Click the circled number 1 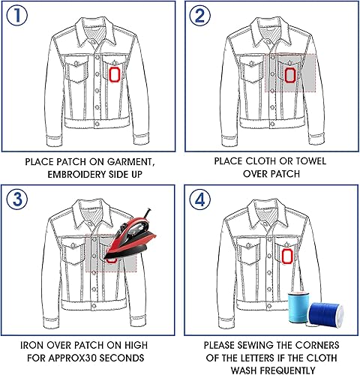pos(16,16)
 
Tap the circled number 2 pos(199,16)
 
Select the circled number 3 pos(17,199)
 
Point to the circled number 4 pos(199,199)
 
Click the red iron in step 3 pos(130,238)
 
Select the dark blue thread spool pos(325,314)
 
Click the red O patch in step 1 pos(115,74)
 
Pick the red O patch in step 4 pos(287,256)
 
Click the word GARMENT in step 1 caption pos(129,162)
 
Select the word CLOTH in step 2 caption pos(261,161)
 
